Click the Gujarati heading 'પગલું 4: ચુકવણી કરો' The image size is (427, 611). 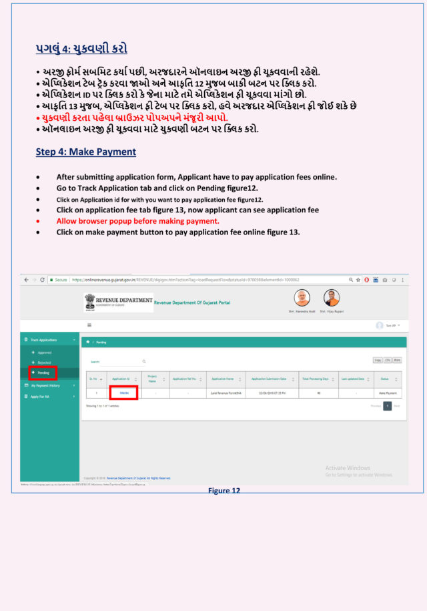pos(81,49)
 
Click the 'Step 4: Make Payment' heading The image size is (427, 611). pos(86,152)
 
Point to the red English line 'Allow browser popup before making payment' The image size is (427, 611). pos(137,220)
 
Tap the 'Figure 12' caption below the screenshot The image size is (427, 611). pos(224,491)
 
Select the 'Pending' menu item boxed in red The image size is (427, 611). pos(42,372)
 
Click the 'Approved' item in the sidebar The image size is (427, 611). pos(44,352)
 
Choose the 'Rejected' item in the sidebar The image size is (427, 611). pos(44,362)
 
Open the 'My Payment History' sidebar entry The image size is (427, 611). pos(45,385)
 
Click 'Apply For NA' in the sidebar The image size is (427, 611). pos(43,397)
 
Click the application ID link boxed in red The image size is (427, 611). pos(123,393)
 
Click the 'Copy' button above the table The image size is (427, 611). pos(378,360)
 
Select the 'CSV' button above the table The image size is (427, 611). pos(388,360)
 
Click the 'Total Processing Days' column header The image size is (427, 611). pos(315,379)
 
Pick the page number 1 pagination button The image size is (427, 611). pos(387,405)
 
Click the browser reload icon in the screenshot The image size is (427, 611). pos(42,280)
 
